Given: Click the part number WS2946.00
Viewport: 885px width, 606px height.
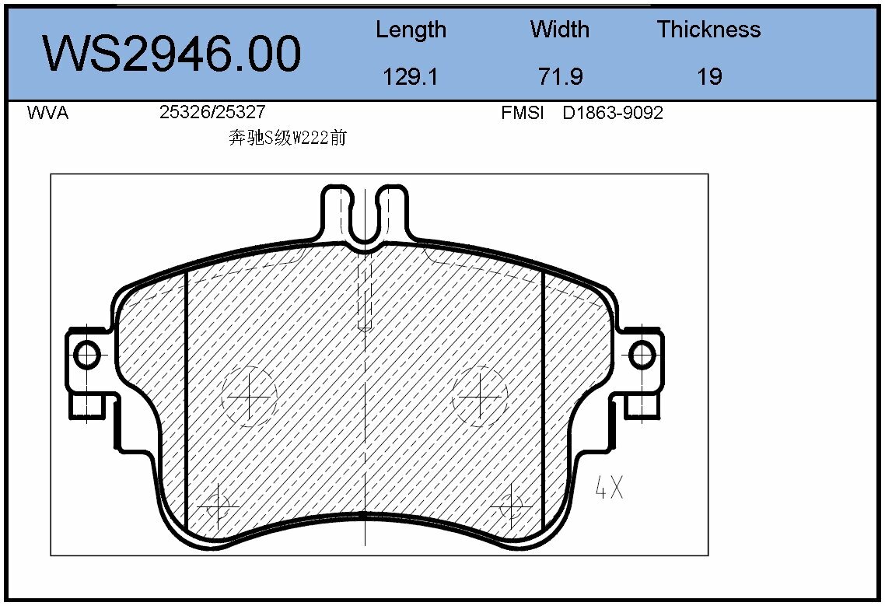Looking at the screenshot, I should coord(171,54).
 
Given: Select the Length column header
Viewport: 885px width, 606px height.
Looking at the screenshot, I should coord(411,30).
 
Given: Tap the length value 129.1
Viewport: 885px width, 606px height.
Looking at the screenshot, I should coord(411,76).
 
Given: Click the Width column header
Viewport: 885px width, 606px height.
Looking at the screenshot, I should coord(559,30).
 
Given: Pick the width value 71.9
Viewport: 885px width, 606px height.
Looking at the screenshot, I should coord(560,76).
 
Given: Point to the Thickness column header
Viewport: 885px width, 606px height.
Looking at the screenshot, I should coord(708,30).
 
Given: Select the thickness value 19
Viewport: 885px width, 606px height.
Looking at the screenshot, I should coord(709,76).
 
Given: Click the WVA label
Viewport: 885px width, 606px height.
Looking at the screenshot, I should coord(47,114).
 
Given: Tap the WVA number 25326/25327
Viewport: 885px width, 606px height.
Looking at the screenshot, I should coord(206,113).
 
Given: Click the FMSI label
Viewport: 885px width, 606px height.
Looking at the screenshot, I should coord(522,114).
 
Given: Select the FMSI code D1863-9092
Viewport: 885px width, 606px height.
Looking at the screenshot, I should coord(613,114).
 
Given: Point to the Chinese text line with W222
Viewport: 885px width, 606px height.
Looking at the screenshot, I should coord(287,138).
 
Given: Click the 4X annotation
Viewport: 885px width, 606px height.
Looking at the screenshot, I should coord(609,488).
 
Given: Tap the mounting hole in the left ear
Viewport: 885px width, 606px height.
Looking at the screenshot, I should coord(86,355).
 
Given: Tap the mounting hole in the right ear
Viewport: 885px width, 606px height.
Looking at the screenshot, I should coord(642,355).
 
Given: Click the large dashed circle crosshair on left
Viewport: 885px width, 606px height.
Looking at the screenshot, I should coord(249,397).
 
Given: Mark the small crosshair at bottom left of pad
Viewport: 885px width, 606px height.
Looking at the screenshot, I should coord(218,508).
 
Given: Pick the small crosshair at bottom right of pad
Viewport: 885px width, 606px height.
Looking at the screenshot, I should coord(511,506).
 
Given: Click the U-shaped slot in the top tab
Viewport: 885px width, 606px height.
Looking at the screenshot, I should coord(364,214).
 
